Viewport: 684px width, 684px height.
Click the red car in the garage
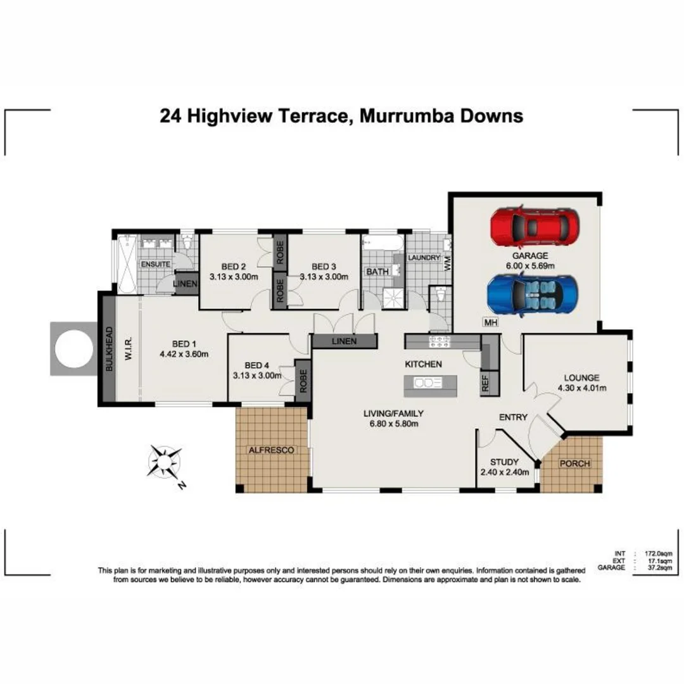click(x=535, y=227)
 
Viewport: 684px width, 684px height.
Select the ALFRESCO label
click(x=272, y=450)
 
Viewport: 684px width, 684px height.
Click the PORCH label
click(x=574, y=464)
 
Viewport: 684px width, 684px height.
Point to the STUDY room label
click(x=504, y=462)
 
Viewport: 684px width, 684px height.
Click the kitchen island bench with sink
click(x=431, y=383)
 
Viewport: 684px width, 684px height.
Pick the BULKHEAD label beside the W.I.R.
click(x=108, y=348)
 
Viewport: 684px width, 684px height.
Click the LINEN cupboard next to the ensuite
click(x=186, y=283)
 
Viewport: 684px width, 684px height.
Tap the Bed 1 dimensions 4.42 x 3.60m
click(x=184, y=354)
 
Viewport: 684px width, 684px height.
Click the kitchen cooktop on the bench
click(x=440, y=342)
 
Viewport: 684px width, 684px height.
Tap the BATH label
click(x=374, y=272)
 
